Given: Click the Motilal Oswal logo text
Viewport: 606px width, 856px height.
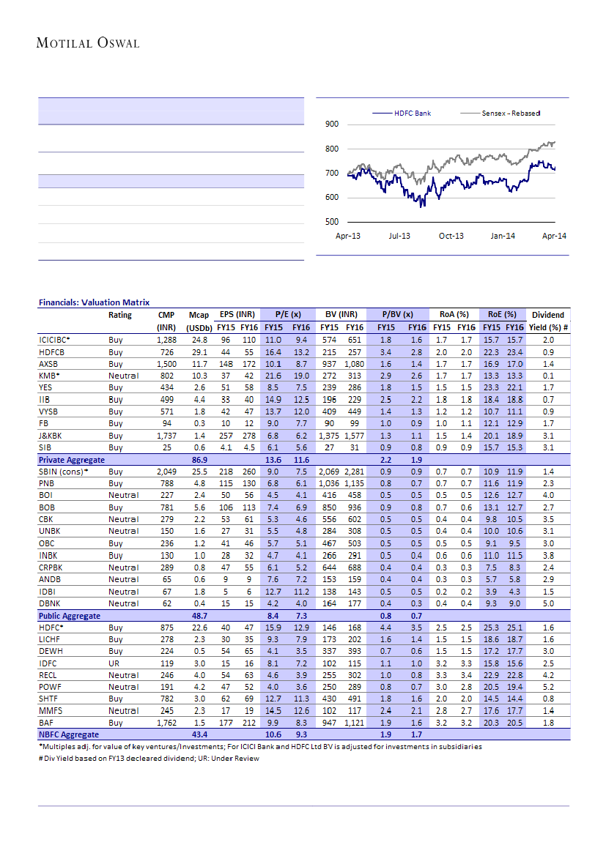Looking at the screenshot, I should (88, 43).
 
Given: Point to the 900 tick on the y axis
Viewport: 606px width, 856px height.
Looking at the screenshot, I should (331, 124).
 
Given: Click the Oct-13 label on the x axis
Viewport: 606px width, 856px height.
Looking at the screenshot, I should (451, 236).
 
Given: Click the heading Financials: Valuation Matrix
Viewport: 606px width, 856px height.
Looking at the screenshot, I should (94, 302).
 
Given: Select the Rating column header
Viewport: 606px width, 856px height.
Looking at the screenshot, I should (120, 315).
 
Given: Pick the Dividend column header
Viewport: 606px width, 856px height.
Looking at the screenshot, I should (548, 315).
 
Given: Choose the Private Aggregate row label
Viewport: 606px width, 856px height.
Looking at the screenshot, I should (71, 459).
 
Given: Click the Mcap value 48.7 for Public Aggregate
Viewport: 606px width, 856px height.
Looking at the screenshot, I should (198, 616).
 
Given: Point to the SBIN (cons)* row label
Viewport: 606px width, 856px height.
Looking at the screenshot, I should (63, 472).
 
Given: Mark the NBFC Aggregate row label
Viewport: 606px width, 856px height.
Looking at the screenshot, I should (68, 734).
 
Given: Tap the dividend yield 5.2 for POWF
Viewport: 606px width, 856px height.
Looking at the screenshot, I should (548, 687).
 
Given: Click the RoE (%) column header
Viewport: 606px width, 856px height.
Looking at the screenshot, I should (502, 315).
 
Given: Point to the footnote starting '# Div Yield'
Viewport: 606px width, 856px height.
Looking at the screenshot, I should (149, 758).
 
